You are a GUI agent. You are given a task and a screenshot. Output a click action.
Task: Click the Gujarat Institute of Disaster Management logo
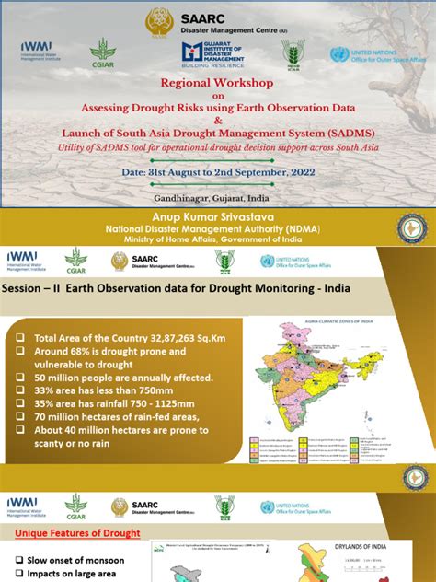click(x=216, y=53)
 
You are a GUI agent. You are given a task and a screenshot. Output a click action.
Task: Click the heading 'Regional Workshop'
click(x=217, y=82)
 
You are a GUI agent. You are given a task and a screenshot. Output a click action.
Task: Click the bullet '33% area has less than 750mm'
click(x=101, y=390)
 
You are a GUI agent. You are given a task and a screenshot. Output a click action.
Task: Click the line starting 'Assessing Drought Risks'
click(x=217, y=106)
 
